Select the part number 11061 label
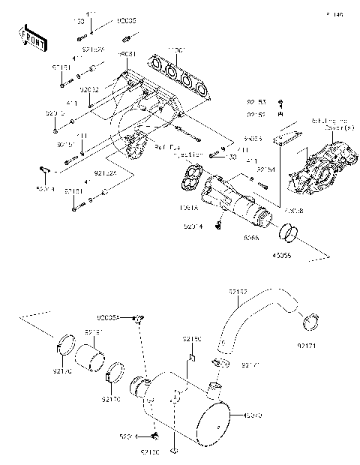click(x=176, y=50)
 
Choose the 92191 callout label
click(x=93, y=331)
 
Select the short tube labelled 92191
click(x=94, y=356)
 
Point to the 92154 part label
click(x=266, y=171)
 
